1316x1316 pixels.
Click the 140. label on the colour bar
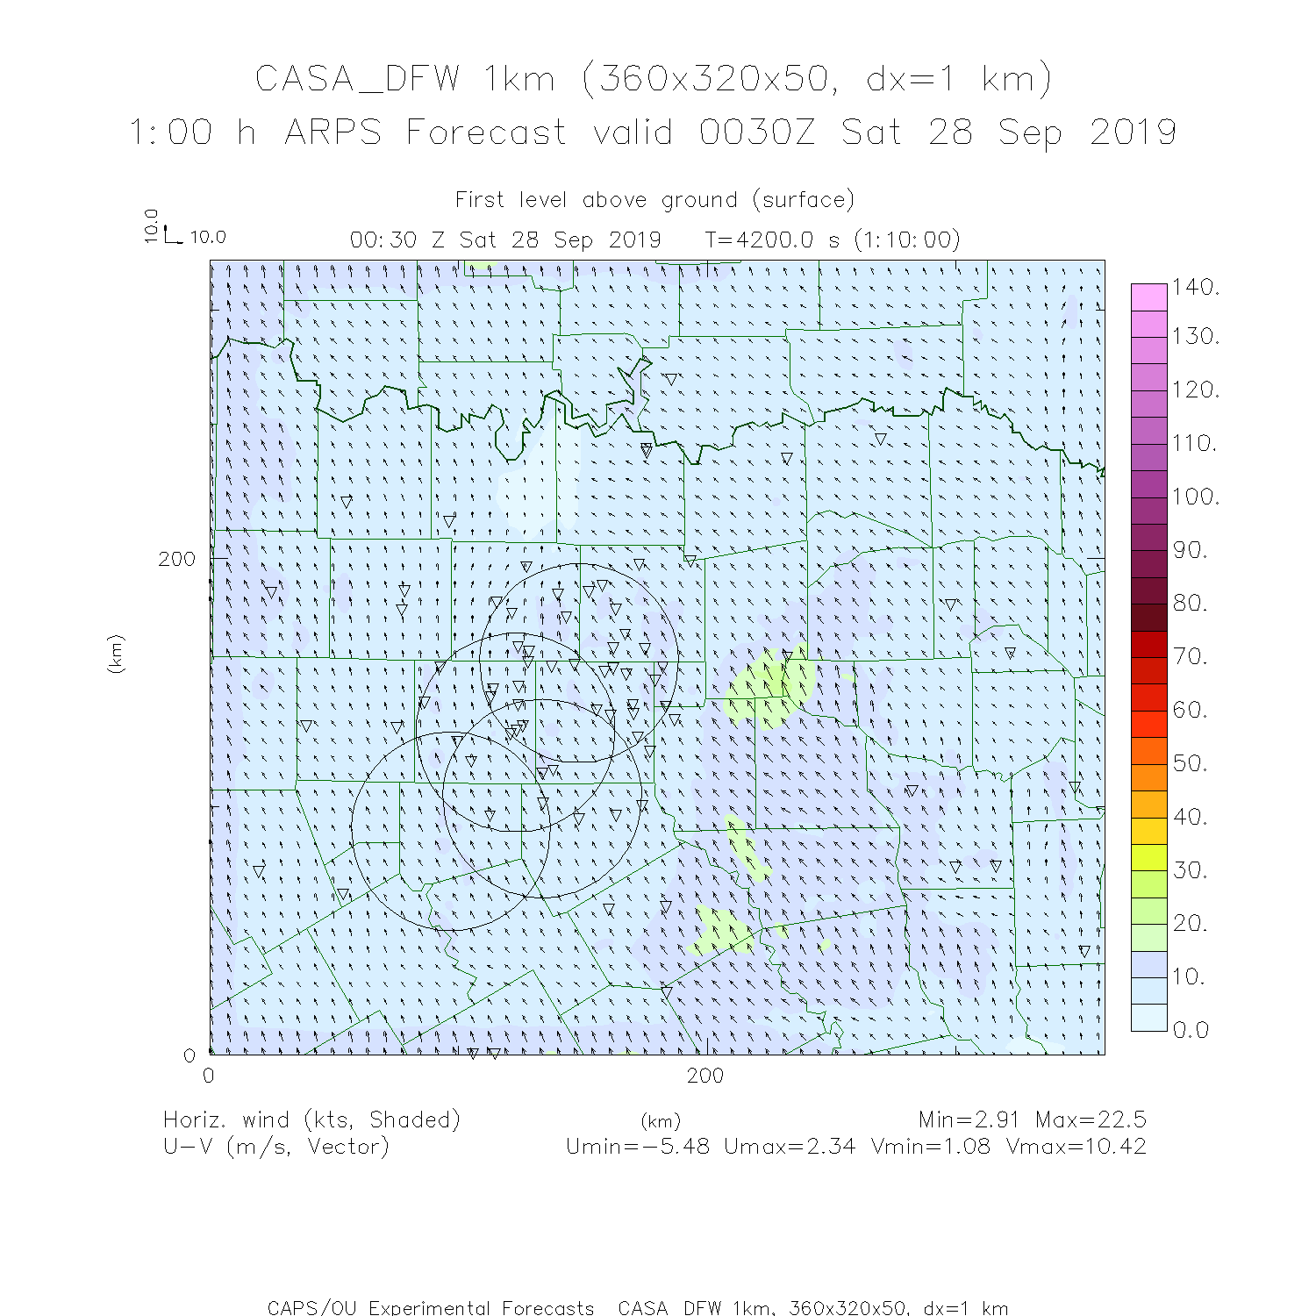(x=1196, y=287)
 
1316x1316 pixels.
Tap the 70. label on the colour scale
(x=1191, y=656)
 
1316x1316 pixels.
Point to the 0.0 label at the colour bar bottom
(x=1191, y=1029)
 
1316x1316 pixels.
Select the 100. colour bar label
(x=1196, y=497)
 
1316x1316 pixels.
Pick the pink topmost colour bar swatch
(x=1148, y=297)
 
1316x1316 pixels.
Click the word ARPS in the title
(x=333, y=132)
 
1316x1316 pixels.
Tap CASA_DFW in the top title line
(x=357, y=79)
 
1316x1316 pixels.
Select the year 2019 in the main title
(x=1133, y=132)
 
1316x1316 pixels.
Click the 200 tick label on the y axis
(x=177, y=559)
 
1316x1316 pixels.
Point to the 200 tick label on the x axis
(x=705, y=1076)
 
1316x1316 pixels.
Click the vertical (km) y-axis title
(x=116, y=654)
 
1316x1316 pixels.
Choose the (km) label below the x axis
(x=660, y=1121)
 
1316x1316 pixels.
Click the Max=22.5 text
(x=1091, y=1119)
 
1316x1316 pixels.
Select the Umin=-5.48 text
(x=638, y=1146)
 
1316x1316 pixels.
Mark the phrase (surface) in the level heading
(x=803, y=200)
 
